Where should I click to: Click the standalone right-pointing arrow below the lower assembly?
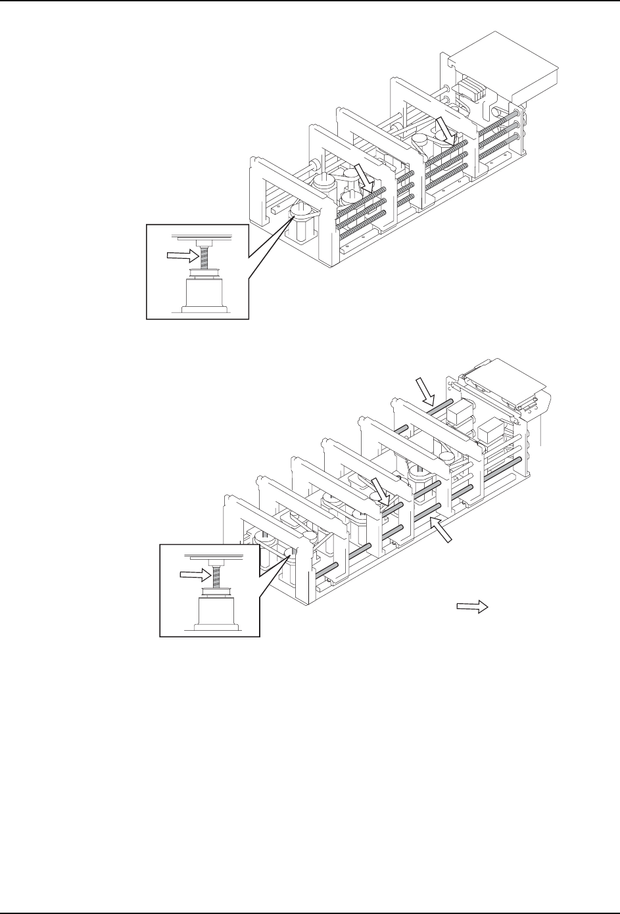pos(471,606)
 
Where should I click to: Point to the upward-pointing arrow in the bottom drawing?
pos(441,530)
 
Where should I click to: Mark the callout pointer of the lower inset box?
pos(276,572)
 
